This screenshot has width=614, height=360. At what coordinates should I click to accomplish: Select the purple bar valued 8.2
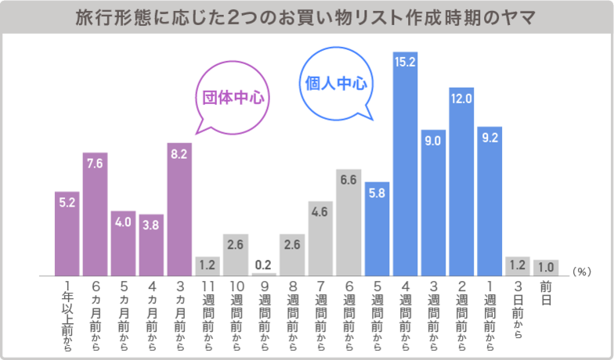[179, 209]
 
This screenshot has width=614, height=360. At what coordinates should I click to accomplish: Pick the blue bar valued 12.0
[461, 183]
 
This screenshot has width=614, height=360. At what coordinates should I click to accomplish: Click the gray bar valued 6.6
[349, 222]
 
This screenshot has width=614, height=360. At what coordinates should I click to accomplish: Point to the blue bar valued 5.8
[377, 228]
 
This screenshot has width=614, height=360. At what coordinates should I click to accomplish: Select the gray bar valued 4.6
[320, 238]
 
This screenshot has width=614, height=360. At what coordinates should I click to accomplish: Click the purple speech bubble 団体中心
[230, 99]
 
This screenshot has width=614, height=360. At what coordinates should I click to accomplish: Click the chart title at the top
[306, 16]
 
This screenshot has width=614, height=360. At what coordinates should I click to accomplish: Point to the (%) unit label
[580, 271]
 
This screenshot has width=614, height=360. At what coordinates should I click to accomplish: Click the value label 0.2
[264, 264]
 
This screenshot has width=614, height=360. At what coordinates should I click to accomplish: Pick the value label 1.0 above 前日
[545, 265]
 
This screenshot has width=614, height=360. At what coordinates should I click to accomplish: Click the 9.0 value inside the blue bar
[433, 141]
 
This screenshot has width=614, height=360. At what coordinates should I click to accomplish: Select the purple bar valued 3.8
[151, 244]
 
